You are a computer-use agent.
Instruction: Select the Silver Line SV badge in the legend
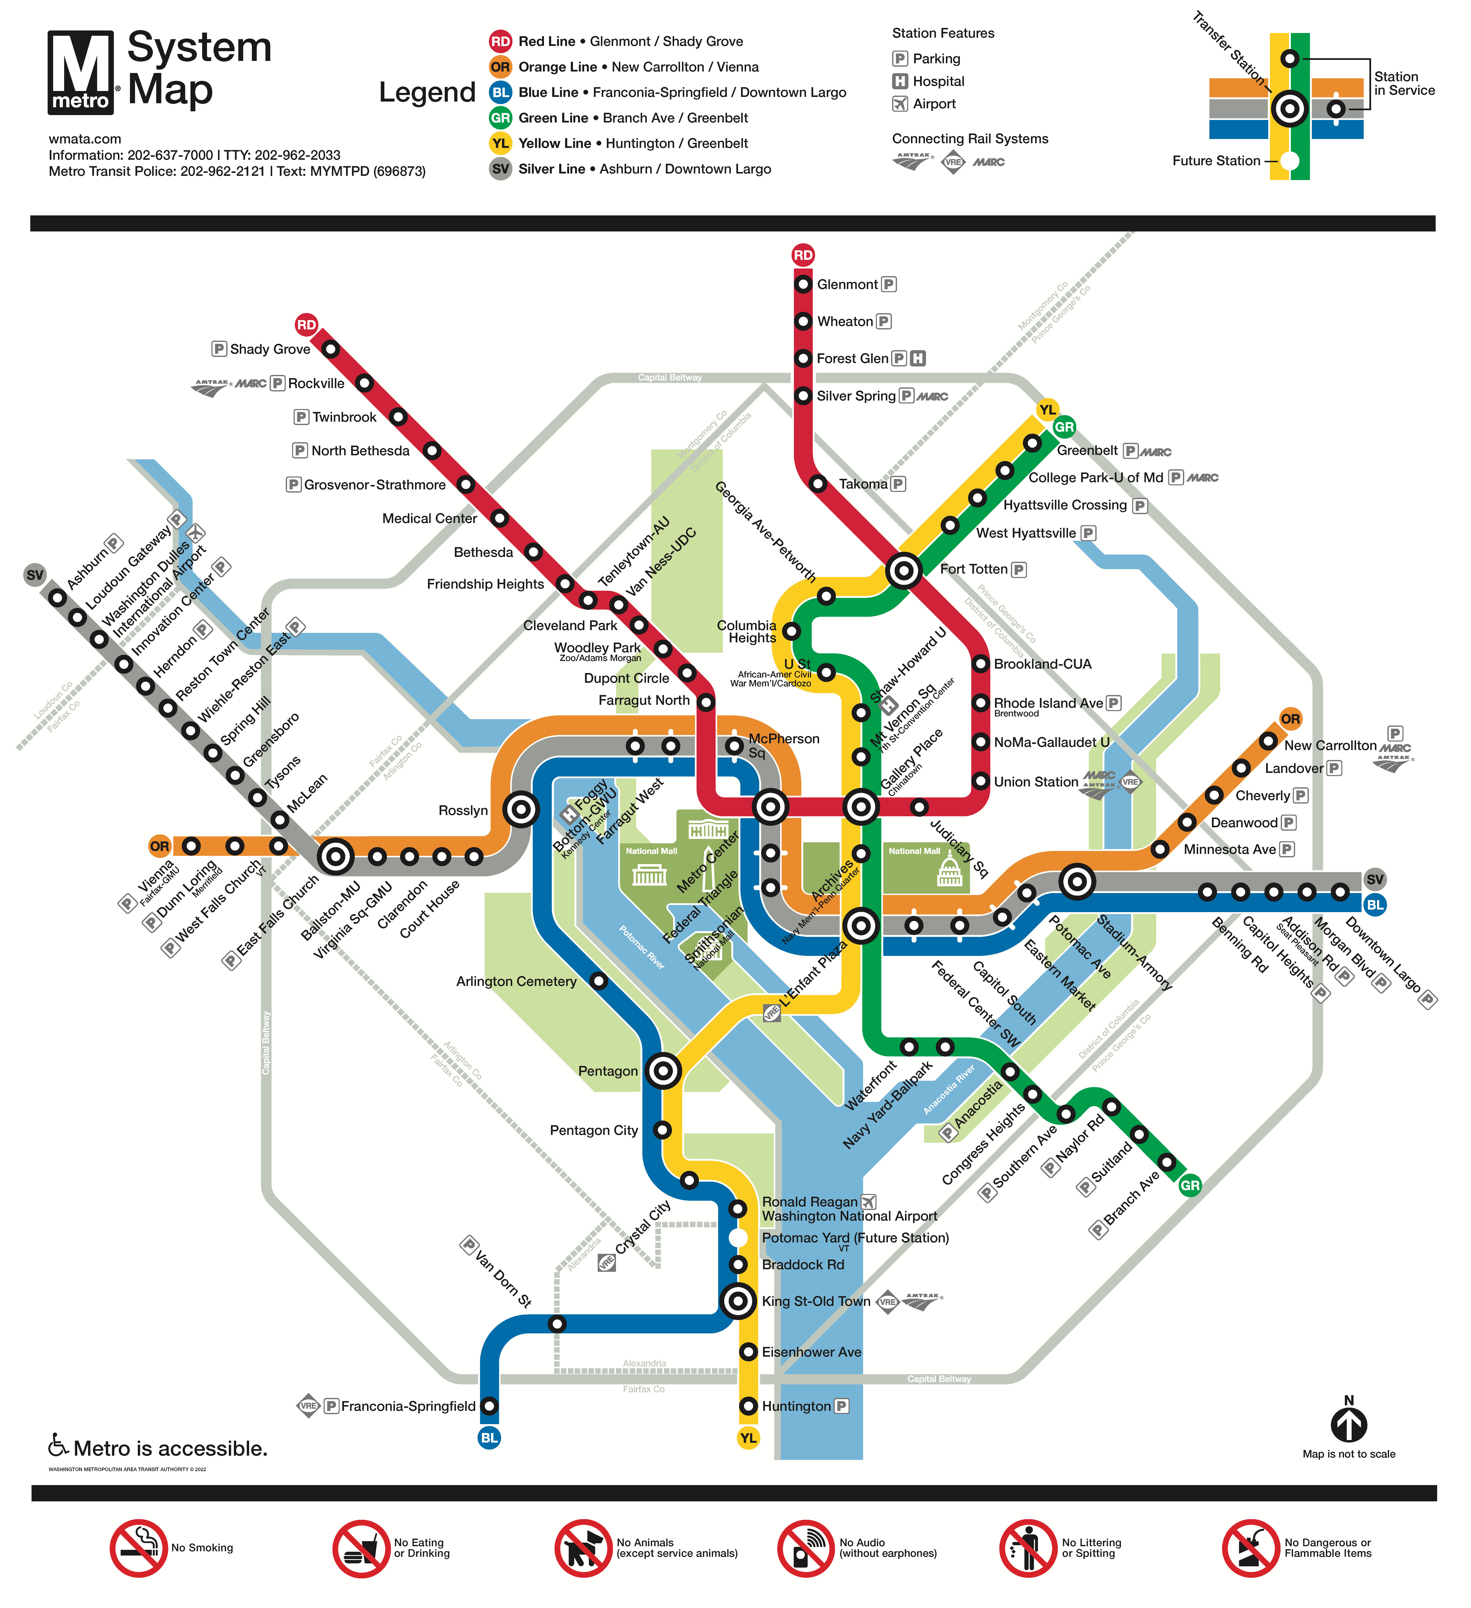point(500,169)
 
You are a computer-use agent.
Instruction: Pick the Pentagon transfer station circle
point(663,1071)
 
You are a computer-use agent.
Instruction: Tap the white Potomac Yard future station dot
point(739,1238)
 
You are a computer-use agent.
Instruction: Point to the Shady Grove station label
point(270,349)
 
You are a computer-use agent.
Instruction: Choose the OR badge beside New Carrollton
point(1290,719)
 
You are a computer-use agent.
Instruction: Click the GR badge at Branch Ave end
point(1189,1185)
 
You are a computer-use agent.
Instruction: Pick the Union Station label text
point(1035,782)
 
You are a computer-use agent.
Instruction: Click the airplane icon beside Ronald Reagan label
point(869,1201)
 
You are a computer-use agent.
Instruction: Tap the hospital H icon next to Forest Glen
point(918,359)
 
